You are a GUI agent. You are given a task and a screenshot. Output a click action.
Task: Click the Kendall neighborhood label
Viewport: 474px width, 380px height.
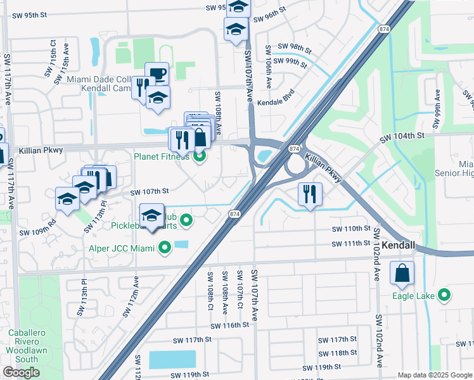coord(399,245)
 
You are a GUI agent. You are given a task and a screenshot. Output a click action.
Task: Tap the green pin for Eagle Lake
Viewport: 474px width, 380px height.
coord(444,294)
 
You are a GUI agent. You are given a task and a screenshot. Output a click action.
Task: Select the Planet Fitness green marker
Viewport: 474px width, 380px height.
coord(200,156)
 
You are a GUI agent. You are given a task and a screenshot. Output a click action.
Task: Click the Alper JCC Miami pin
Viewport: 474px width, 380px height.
coord(165,248)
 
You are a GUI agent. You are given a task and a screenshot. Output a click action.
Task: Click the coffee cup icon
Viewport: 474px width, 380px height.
coord(157,73)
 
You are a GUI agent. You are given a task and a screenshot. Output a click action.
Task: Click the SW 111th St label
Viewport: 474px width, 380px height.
coord(350,244)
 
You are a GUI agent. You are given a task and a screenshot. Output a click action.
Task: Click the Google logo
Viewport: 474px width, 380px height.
coord(22,372)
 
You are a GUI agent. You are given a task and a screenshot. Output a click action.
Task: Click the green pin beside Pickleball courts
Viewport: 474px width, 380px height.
coord(186,220)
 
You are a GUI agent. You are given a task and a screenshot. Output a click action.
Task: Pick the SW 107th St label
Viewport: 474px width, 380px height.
coord(150,191)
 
